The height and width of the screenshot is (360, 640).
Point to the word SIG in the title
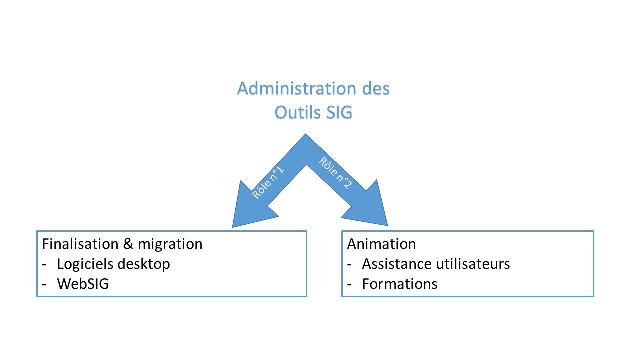340,113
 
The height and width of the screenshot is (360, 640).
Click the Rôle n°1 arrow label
268,183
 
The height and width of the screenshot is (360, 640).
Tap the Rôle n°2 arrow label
334,173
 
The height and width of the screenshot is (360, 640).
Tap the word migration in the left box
170,244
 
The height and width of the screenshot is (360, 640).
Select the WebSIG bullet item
83,284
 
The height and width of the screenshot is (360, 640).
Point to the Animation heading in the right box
381,244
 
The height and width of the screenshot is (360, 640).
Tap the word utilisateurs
474,264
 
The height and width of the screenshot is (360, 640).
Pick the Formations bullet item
399,284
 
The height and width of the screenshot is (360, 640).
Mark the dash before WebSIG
46,284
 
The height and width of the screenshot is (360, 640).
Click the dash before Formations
351,284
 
